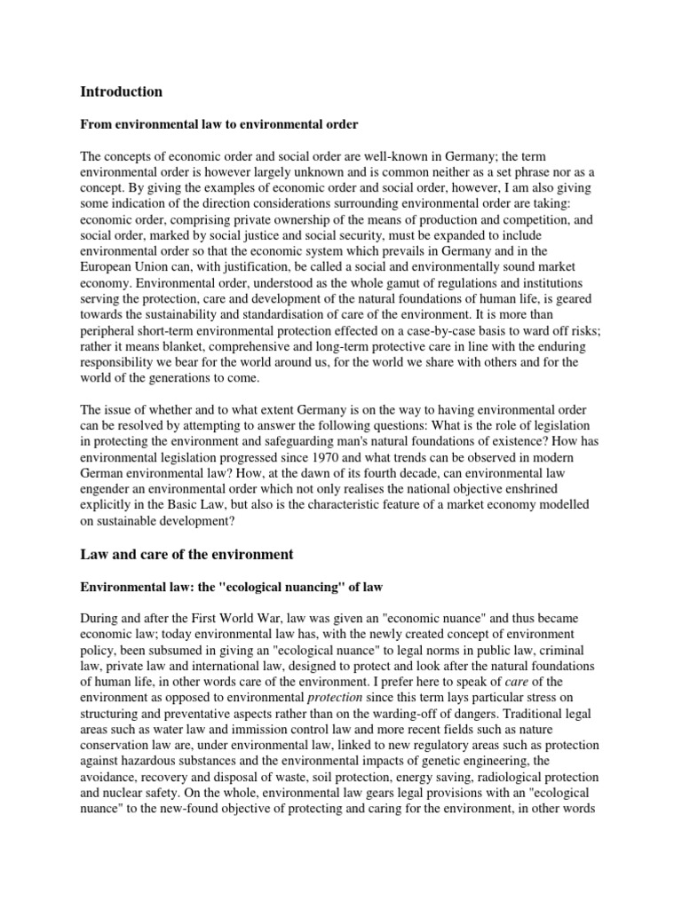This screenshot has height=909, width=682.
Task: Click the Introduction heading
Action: tap(122, 91)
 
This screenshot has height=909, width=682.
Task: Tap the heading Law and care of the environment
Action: tap(186, 555)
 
